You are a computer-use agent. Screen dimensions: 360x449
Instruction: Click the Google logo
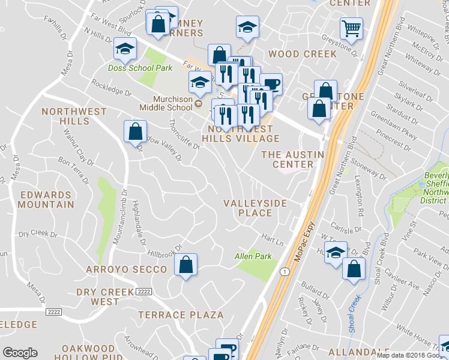point(20,353)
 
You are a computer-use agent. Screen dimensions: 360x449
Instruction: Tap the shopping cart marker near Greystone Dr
point(351,27)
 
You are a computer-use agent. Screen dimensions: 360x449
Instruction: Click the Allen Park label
point(253,256)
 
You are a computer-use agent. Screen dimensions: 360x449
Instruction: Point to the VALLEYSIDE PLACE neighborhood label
point(255,208)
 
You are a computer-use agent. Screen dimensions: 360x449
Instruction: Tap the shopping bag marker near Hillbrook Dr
point(186,264)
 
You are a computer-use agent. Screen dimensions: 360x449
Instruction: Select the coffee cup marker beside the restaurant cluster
point(271,83)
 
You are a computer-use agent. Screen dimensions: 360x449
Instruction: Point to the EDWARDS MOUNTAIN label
point(47,199)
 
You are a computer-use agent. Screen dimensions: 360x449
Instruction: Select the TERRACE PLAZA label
point(181,314)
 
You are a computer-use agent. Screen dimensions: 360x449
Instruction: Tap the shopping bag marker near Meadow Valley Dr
point(136,131)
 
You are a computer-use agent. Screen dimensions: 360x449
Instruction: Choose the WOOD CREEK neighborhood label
point(303,54)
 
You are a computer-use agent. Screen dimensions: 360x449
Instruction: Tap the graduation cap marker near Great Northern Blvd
point(336,251)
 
